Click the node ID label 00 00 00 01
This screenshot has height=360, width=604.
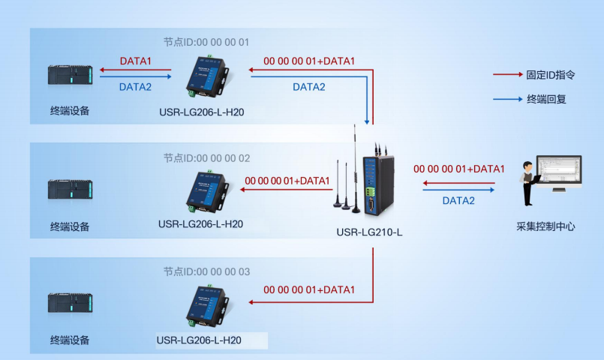click(x=206, y=42)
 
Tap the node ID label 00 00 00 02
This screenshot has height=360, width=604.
click(x=206, y=158)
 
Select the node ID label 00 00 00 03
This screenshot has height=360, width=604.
click(x=206, y=271)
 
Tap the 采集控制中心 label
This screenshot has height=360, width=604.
click(x=545, y=226)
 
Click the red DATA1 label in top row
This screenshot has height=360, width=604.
click(x=136, y=61)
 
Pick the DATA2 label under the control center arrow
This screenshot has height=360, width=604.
click(x=458, y=200)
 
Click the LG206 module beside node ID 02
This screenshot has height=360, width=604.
click(x=206, y=191)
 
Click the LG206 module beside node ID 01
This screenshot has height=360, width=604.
click(x=206, y=78)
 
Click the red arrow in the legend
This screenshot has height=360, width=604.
click(x=507, y=75)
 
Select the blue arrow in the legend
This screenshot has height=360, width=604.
click(x=507, y=98)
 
